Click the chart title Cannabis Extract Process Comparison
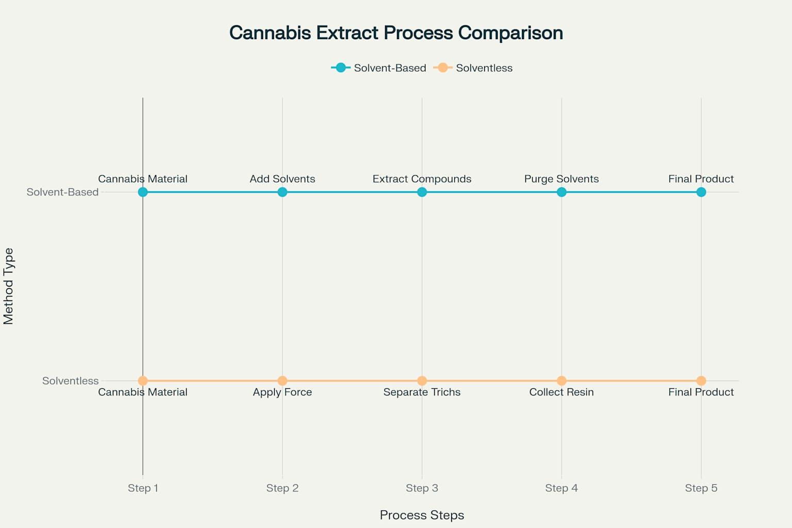pyautogui.click(x=396, y=33)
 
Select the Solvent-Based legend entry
pyautogui.click(x=378, y=68)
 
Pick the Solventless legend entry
pyautogui.click(x=473, y=68)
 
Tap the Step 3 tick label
pyautogui.click(x=422, y=488)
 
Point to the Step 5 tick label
pyautogui.click(x=701, y=488)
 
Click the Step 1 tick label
pyautogui.click(x=143, y=488)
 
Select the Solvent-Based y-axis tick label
pyautogui.click(x=62, y=192)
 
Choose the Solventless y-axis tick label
pyautogui.click(x=70, y=381)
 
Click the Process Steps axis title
pyautogui.click(x=422, y=515)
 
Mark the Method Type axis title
pyautogui.click(x=8, y=286)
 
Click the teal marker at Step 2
pyautogui.click(x=282, y=192)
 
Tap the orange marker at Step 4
pyautogui.click(x=562, y=381)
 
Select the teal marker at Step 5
pyautogui.click(x=701, y=192)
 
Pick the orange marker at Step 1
pyautogui.click(x=143, y=381)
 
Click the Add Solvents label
pyautogui.click(x=282, y=179)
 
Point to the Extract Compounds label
pyautogui.click(x=422, y=179)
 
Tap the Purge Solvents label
pyautogui.click(x=562, y=179)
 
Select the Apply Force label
pyautogui.click(x=282, y=392)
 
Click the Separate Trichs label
pyautogui.click(x=422, y=392)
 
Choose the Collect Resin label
pyautogui.click(x=562, y=392)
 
